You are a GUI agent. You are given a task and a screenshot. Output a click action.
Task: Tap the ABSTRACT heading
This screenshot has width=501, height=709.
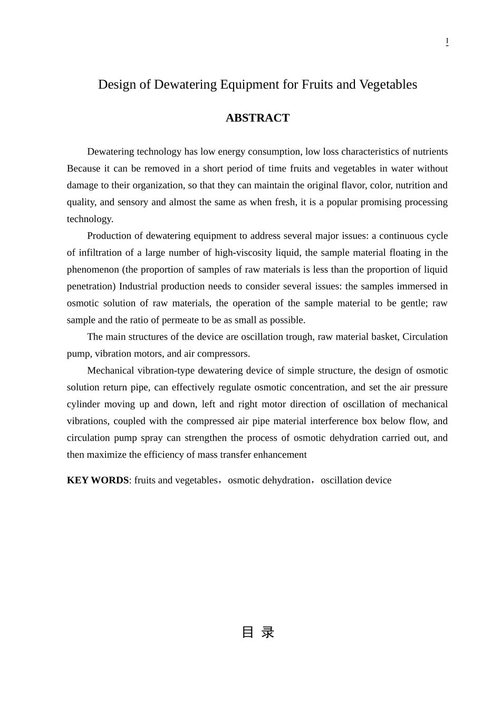click(x=257, y=118)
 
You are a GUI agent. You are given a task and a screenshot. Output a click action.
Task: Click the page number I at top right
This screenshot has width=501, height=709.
click(x=447, y=41)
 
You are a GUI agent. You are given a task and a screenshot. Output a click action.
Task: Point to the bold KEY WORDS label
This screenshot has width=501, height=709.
click(x=98, y=480)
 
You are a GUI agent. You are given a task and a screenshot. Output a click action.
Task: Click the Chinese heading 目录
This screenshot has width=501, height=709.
click(x=257, y=632)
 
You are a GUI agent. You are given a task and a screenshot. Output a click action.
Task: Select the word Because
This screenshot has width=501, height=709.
click(x=83, y=169)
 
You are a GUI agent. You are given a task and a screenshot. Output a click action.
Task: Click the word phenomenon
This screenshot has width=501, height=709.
click(x=93, y=270)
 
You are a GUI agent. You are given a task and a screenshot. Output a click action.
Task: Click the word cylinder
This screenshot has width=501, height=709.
click(x=83, y=405)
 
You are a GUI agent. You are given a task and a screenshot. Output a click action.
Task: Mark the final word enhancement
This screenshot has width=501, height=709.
click(x=280, y=455)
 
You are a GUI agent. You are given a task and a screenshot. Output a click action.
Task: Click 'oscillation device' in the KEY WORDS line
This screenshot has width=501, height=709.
click(x=356, y=480)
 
